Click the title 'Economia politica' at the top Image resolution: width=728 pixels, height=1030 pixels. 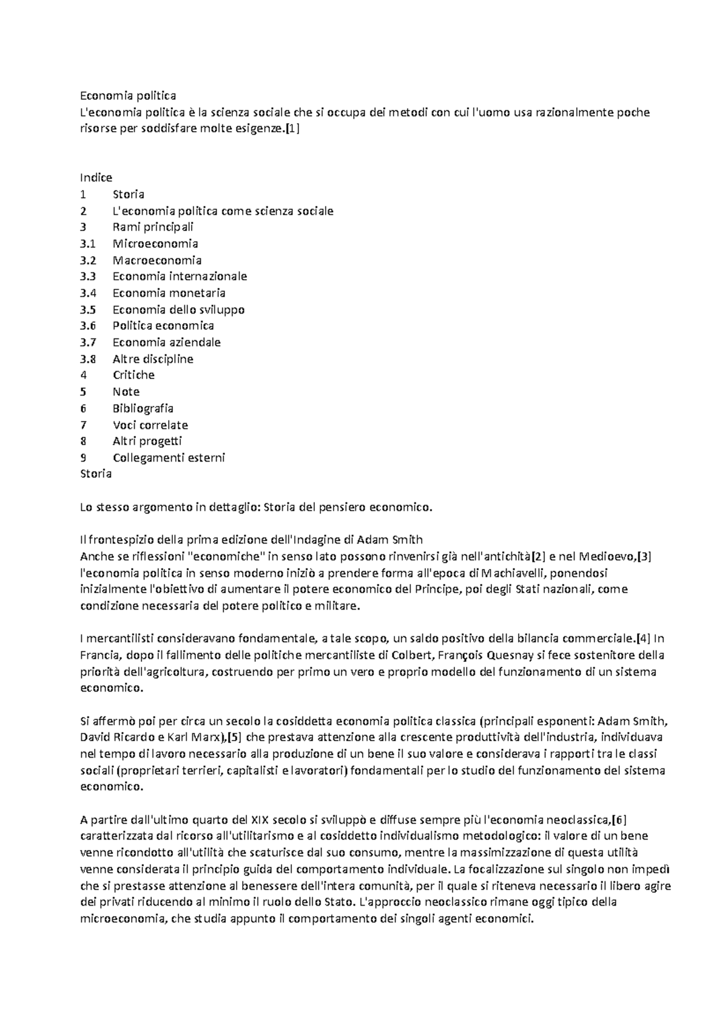pos(128,96)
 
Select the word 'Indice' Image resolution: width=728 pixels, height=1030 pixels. pos(96,178)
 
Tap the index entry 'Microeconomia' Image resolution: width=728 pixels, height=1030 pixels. pos(155,244)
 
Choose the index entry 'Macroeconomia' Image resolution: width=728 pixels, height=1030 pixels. pos(157,260)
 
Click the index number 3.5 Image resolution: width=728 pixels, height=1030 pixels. pos(88,309)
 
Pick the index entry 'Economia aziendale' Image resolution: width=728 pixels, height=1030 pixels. pos(166,342)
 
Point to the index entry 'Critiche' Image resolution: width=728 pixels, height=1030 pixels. pos(133,375)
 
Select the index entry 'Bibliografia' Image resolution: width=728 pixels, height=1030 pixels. pos(143,408)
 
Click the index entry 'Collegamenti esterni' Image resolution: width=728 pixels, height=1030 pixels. pos(169,457)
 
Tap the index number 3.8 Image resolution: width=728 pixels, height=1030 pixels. pos(88,358)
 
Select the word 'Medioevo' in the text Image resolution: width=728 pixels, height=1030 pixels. pos(607,556)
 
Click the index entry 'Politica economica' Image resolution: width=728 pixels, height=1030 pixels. pos(163,326)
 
